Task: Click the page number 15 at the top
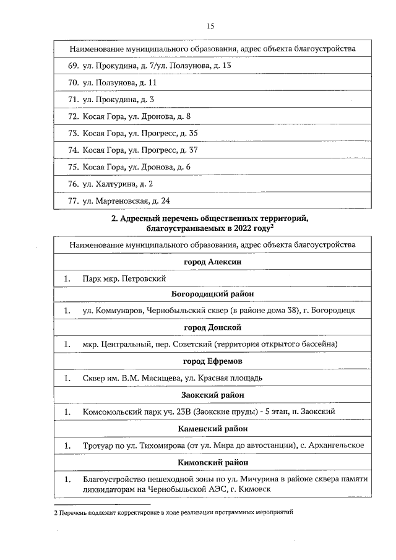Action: pos(210,26)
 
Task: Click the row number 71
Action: pos(72,99)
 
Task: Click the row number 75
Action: pos(72,167)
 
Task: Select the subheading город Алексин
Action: pos(212,262)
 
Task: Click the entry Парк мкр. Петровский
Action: pos(124,279)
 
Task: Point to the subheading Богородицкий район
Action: pos(212,294)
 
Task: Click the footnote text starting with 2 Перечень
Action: pos(173,513)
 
